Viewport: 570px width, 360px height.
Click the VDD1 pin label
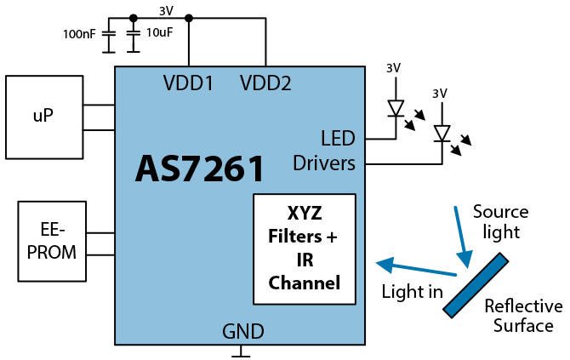pos(188,83)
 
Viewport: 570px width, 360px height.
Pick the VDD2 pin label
pos(265,83)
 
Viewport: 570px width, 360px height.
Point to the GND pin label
pos(243,331)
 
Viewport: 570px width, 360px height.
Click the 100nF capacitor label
pos(78,35)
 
